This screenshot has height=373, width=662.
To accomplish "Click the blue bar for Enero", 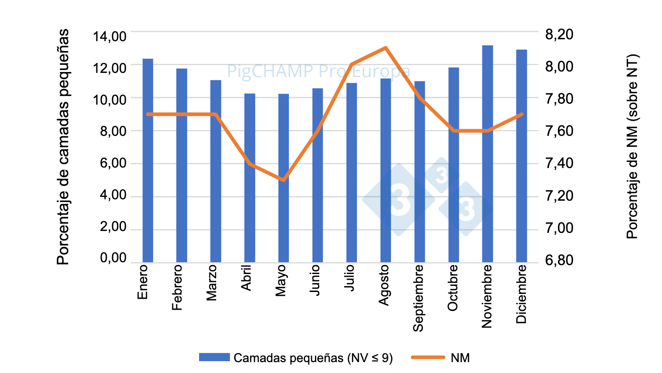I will [x=148, y=160].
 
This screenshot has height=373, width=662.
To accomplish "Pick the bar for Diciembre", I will [x=522, y=156].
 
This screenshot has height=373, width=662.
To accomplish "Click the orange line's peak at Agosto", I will [x=385, y=48].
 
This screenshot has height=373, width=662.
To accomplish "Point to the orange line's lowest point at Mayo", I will [x=283, y=180].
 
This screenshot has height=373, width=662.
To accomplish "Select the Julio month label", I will [x=350, y=279].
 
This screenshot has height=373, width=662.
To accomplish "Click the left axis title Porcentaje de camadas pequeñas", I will [x=63, y=147].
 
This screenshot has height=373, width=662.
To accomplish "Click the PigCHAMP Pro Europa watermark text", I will [x=319, y=71].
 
